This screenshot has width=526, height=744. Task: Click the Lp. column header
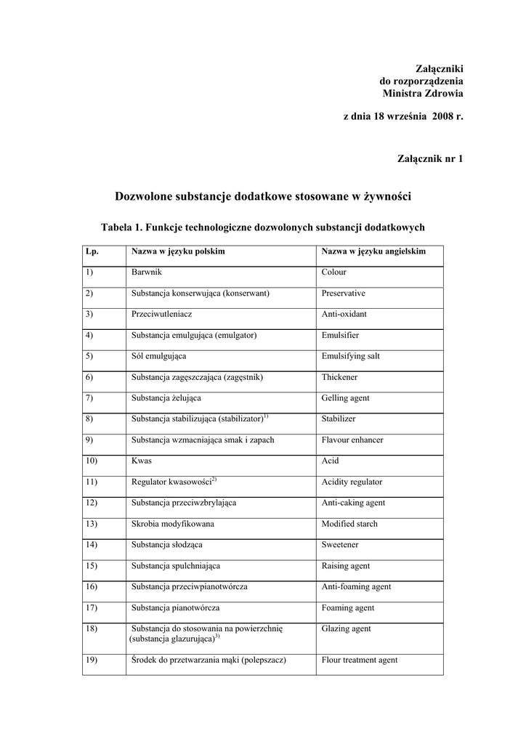pos(92,251)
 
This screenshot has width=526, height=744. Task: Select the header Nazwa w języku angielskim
pos(373,251)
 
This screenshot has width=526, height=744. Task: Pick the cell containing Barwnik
pos(146,272)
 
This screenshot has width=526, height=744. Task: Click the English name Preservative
pos(344,294)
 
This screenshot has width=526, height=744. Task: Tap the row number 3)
pos(89,315)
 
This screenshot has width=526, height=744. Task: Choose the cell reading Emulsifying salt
pos(351,357)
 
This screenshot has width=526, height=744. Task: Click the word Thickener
pos(339,378)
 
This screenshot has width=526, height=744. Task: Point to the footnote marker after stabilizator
pos(266,416)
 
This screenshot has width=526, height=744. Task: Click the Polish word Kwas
pos(142,461)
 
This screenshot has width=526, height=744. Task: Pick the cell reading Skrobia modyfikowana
pos(173,524)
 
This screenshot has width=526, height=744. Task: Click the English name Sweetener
pos(340,545)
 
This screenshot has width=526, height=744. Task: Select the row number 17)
pos(91,608)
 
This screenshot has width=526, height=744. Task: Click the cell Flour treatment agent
pos(360,660)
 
